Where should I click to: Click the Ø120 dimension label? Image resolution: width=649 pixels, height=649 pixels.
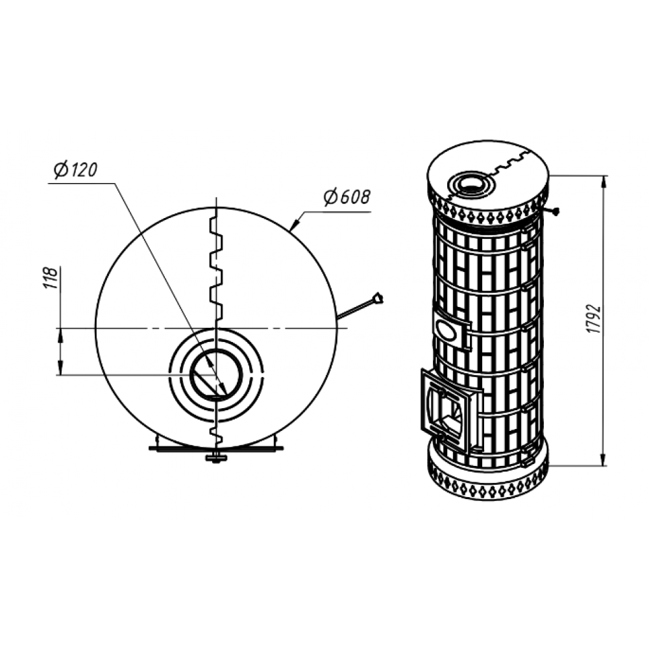click(75, 170)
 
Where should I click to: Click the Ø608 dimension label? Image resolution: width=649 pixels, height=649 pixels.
click(347, 197)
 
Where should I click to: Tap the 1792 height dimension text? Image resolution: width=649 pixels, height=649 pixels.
click(594, 319)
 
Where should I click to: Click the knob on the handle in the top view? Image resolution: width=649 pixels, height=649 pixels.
click(378, 299)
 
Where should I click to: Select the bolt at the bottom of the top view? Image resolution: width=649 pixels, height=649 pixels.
click(216, 458)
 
